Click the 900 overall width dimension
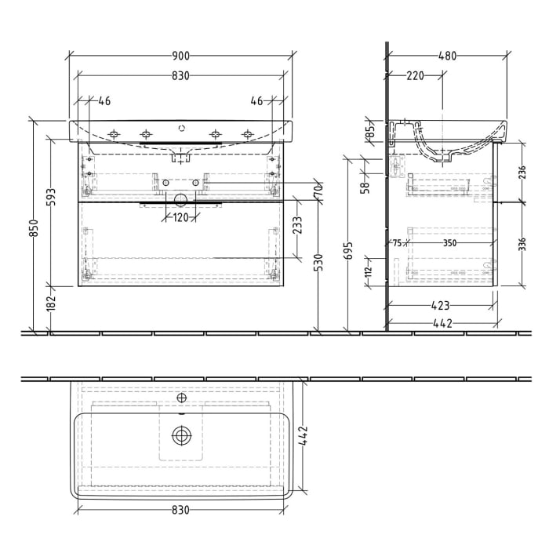(180, 56)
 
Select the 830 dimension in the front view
(180, 76)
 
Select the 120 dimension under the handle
(181, 218)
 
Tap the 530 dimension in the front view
(319, 262)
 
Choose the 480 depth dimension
(448, 56)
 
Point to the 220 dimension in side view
(415, 76)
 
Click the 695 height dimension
(349, 250)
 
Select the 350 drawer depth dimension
(449, 243)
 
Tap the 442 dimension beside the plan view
(303, 437)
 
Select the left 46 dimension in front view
(104, 101)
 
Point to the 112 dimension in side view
(369, 272)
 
